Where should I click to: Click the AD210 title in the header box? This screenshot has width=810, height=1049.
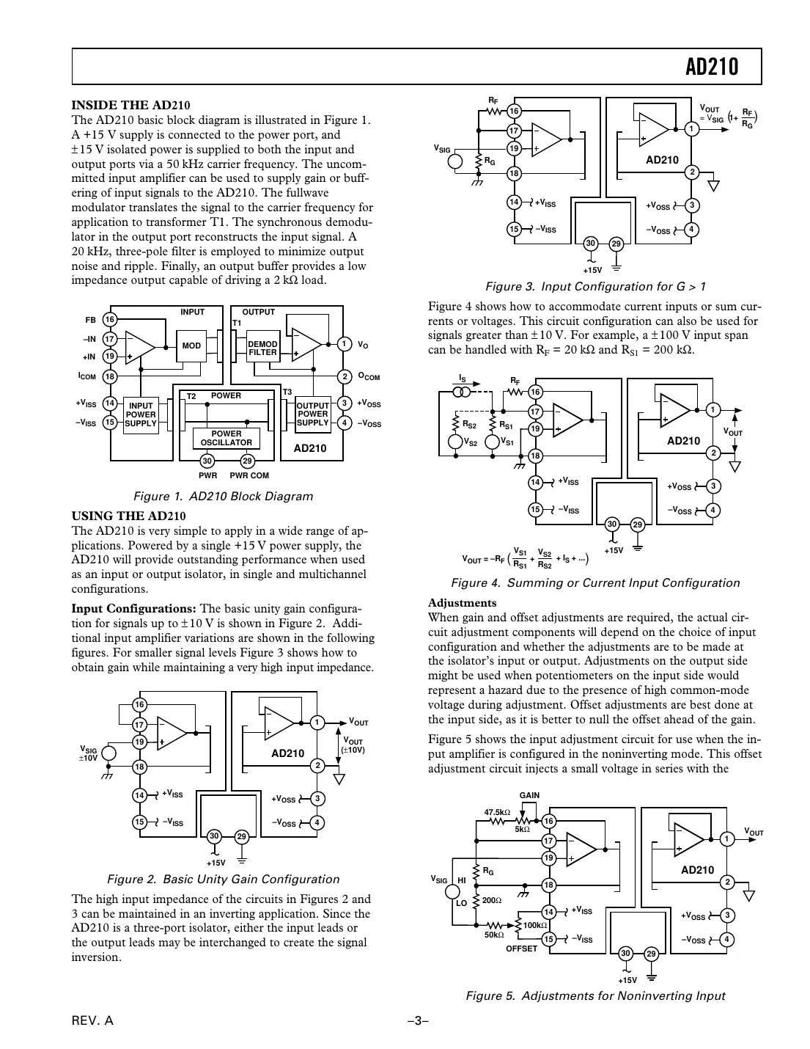click(x=712, y=67)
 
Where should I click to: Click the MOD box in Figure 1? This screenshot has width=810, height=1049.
click(x=191, y=346)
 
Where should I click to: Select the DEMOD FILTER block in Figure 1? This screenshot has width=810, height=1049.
click(x=262, y=348)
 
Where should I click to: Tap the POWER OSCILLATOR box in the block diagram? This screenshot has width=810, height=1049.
click(x=227, y=438)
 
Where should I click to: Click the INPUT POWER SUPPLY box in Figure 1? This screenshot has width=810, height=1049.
click(x=141, y=414)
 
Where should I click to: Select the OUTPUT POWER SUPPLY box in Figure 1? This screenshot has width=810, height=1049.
click(x=312, y=414)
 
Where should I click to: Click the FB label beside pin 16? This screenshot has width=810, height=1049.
click(x=91, y=320)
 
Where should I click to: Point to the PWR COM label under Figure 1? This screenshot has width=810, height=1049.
click(x=249, y=475)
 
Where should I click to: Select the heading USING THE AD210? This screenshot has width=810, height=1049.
click(x=128, y=516)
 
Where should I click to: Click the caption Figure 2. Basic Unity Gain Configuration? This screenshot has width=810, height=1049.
click(x=223, y=879)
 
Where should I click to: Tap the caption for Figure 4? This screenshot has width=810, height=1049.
click(x=594, y=582)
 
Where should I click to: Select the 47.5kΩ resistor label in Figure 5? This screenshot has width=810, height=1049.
click(x=497, y=812)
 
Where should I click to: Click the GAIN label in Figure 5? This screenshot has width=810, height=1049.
click(x=529, y=795)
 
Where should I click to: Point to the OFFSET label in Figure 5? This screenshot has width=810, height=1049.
click(x=521, y=949)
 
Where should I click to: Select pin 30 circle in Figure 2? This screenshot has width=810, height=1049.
click(x=214, y=836)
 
